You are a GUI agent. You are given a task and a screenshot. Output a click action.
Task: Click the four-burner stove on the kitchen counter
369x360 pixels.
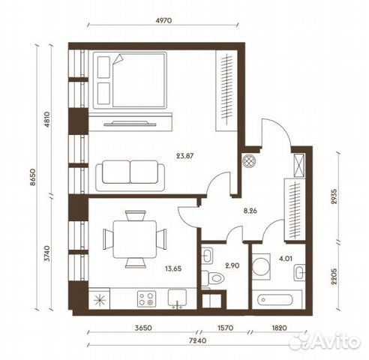coord(145,299)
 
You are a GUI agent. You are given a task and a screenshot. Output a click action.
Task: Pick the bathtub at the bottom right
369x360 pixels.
coord(280,300)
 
